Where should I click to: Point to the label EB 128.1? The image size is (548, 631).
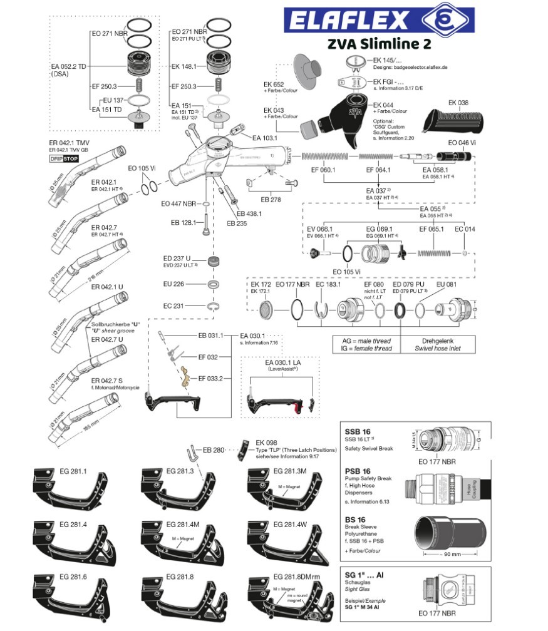(183, 222)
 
